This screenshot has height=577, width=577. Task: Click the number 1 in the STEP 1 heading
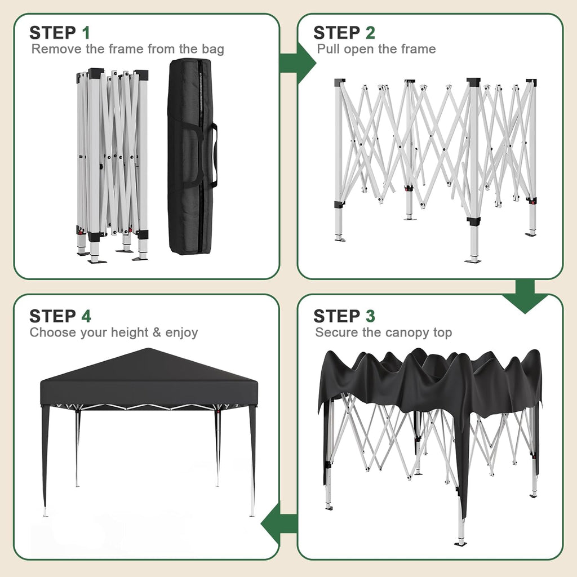click(x=86, y=33)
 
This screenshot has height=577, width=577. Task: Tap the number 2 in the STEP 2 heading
click(x=370, y=33)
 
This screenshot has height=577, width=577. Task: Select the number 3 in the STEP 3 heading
click(x=370, y=316)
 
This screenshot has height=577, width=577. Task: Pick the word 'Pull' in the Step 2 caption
click(x=328, y=49)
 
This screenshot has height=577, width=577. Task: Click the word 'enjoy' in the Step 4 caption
click(x=181, y=332)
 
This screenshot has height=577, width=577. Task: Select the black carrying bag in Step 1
click(x=190, y=158)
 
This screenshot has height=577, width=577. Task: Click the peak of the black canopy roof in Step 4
click(x=148, y=350)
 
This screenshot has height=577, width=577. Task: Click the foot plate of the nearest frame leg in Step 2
click(x=473, y=260)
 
